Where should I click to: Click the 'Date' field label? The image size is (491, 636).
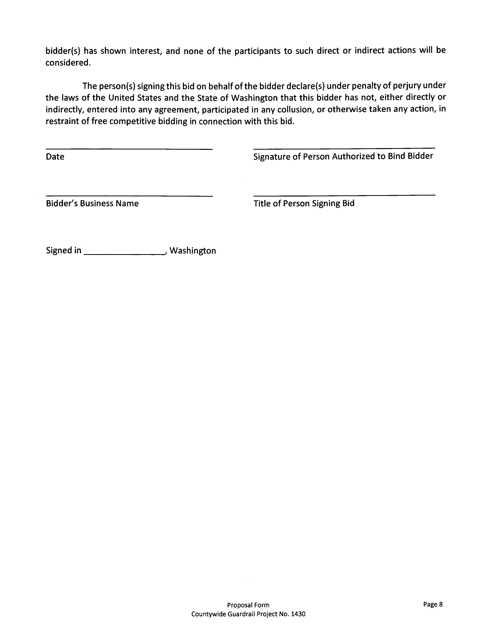coord(55,157)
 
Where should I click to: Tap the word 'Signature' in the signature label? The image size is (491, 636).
coord(272,157)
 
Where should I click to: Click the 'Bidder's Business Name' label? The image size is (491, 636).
coord(92,203)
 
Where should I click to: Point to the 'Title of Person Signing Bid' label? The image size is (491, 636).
coord(304,203)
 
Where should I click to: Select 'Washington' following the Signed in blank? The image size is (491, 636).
coord(193,251)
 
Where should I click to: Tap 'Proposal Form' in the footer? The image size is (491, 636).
coord(248,605)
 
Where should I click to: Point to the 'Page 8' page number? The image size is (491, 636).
coord(433,604)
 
